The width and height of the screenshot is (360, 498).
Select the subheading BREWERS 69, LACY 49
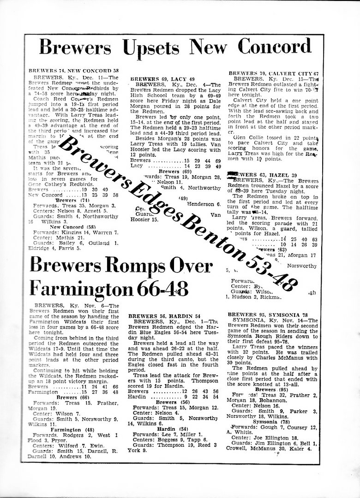pos(165,79)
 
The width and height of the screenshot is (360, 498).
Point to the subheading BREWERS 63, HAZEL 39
pos(261,174)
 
